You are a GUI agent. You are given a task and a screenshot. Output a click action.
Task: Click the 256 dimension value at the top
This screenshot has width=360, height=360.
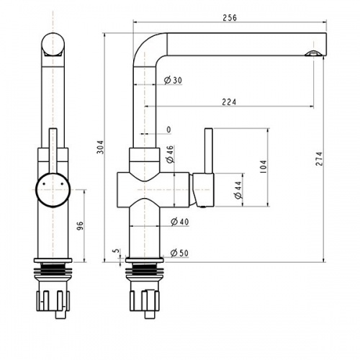click(x=230, y=17)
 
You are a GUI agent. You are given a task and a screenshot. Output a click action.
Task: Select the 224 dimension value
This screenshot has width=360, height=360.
click(x=229, y=102)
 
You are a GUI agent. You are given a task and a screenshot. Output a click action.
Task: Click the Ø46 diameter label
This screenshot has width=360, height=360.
click(x=170, y=153)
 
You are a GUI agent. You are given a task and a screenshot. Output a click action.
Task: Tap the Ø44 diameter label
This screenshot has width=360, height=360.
click(x=237, y=189)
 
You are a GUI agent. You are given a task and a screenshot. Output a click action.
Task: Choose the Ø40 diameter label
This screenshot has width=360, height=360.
click(x=179, y=222)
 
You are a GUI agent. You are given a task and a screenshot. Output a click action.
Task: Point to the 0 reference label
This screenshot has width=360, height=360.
click(x=168, y=130)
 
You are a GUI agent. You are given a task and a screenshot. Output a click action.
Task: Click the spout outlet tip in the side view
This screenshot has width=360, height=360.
click(x=313, y=53)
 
